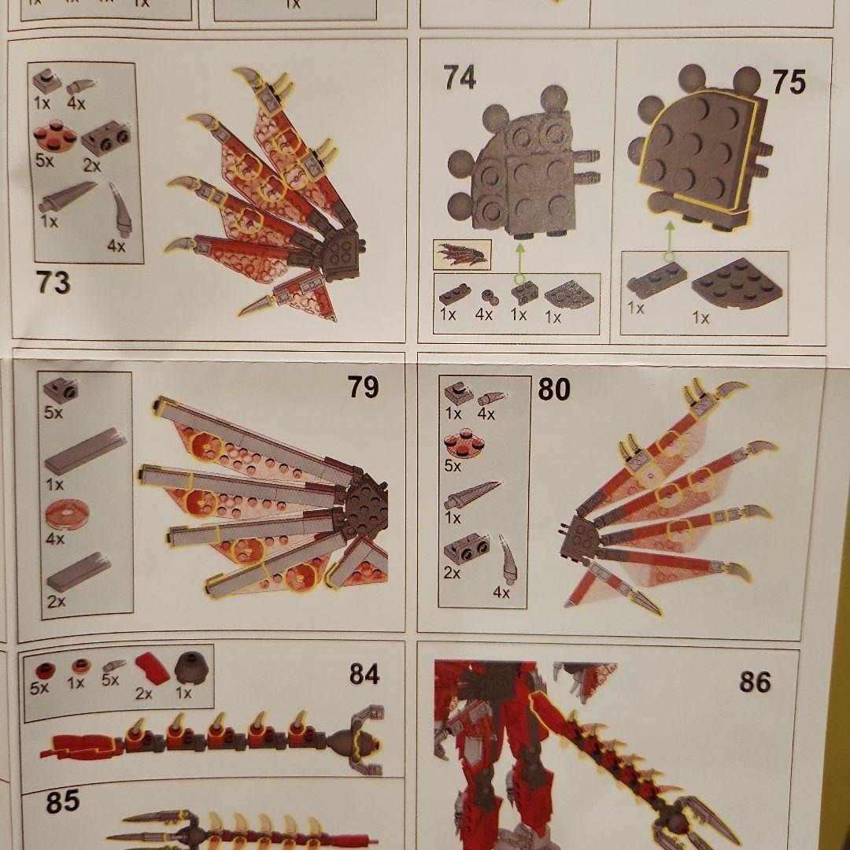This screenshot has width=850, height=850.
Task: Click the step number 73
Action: click(x=54, y=283)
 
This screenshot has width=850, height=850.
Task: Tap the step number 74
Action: click(x=460, y=77)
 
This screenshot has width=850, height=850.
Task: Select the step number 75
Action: click(x=789, y=83)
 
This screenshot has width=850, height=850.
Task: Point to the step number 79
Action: click(x=363, y=387)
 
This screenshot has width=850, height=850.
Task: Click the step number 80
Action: click(x=554, y=390)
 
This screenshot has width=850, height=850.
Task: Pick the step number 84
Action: click(x=364, y=674)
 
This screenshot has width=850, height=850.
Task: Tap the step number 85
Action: click(x=62, y=802)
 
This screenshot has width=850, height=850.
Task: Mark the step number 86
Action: click(x=755, y=682)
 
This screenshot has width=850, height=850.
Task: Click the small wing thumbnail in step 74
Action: click(x=463, y=255)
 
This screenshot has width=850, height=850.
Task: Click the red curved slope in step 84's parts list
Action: click(x=152, y=669)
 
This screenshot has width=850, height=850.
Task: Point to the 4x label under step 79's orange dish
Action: click(x=55, y=538)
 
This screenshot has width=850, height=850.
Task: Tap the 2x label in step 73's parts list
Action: click(x=92, y=165)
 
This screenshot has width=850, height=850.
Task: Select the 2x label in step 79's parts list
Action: click(x=56, y=601)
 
